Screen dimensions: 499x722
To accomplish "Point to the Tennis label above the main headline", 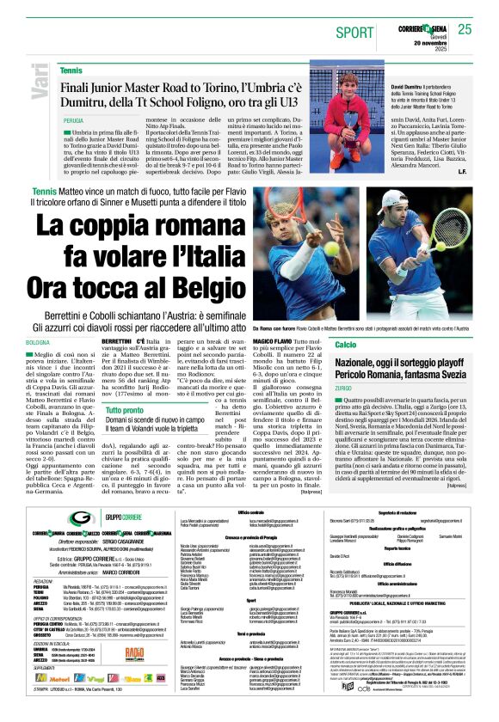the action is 43,190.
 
